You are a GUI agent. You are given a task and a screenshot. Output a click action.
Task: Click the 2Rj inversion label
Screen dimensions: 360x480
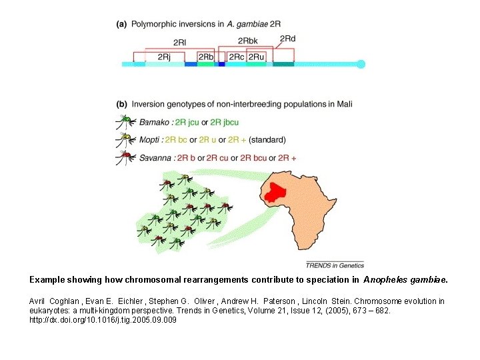(164, 57)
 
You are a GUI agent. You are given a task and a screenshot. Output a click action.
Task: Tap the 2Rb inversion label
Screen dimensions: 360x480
(206, 57)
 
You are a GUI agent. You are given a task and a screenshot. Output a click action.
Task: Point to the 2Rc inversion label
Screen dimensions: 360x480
(237, 57)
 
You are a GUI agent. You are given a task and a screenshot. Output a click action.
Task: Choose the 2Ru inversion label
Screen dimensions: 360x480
(257, 57)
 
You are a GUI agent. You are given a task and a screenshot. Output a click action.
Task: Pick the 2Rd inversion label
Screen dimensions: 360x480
(287, 39)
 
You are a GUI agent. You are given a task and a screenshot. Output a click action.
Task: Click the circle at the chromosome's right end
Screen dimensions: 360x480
(361, 64)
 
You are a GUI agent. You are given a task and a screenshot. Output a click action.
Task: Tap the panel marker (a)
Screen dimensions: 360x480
(122, 24)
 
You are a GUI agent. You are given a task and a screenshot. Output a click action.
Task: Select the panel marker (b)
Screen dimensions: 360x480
(122, 104)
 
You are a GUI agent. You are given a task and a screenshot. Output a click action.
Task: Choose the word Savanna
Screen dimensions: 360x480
(156, 158)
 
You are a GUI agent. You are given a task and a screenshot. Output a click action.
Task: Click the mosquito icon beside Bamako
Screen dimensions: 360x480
(123, 123)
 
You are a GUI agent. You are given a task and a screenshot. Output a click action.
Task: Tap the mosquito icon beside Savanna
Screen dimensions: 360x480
(123, 159)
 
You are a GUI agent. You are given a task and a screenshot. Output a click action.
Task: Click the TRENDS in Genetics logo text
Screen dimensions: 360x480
(335, 265)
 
